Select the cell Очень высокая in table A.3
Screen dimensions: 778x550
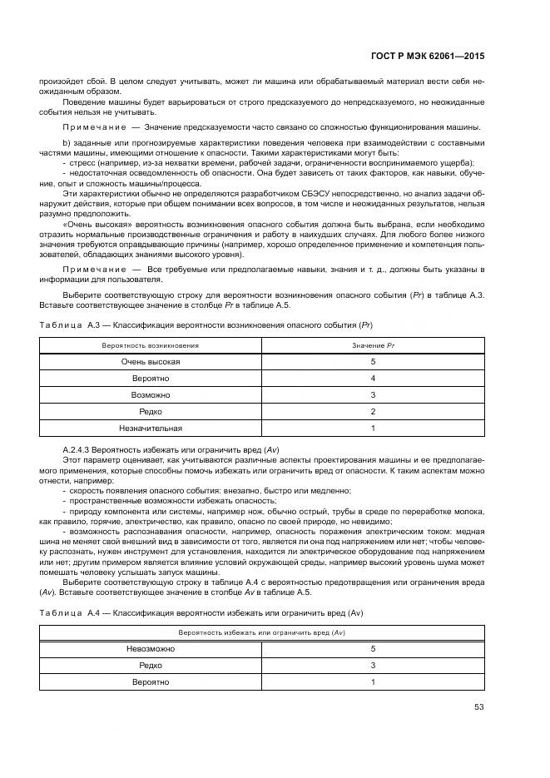coord(151,361)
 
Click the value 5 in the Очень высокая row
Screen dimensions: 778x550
coord(373,361)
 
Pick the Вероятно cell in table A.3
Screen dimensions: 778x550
coord(151,378)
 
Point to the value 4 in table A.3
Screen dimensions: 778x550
coord(373,378)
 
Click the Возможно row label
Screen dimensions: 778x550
coord(151,394)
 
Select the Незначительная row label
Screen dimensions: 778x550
coord(151,428)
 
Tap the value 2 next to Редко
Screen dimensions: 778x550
coord(373,411)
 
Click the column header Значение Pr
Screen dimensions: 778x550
coord(373,344)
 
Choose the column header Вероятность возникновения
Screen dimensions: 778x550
coord(151,344)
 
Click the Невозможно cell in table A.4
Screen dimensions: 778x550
coord(151,648)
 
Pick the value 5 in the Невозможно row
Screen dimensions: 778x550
coord(373,648)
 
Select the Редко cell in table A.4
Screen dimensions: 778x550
coord(151,665)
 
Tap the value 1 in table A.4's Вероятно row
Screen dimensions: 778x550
coord(373,681)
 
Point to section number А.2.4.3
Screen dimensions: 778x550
coord(80,449)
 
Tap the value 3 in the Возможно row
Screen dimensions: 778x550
coord(373,394)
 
